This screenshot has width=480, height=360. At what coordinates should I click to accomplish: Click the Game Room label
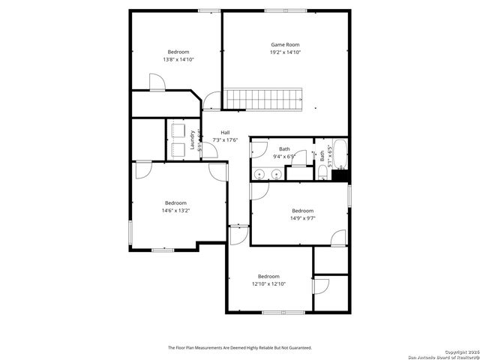285,45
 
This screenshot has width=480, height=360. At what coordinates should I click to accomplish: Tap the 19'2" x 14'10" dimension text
285,52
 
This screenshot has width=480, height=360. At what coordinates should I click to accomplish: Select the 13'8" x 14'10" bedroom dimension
178,59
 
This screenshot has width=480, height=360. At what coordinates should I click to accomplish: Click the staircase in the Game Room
264,97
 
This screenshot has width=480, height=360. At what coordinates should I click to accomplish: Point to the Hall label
225,133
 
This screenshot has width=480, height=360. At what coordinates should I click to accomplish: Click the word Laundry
193,140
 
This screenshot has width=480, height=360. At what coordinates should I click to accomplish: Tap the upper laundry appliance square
178,130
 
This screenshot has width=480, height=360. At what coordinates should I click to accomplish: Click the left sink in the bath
259,174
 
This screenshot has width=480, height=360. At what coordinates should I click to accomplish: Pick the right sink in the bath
276,174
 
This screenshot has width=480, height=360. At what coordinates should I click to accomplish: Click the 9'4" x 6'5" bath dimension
285,156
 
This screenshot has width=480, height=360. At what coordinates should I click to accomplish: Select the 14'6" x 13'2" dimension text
175,211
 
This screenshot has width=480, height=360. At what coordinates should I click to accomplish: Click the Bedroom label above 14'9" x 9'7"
302,211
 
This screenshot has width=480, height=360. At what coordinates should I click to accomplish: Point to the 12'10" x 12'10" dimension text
268,283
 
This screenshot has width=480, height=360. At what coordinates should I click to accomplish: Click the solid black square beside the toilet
340,176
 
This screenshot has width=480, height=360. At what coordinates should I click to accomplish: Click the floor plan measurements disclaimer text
239,348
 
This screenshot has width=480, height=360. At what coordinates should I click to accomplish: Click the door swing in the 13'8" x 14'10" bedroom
157,82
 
